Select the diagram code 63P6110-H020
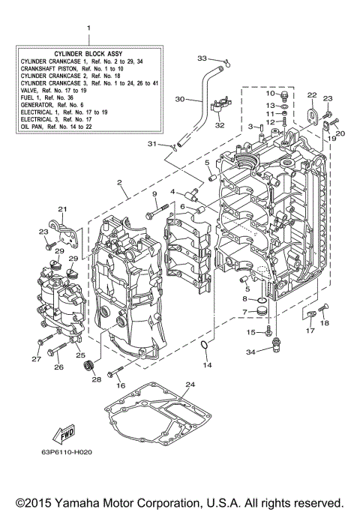coord(72,454)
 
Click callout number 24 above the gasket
coord(190,385)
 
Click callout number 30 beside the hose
coord(178,98)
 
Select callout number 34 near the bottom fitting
coord(251,351)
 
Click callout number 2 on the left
coord(118,181)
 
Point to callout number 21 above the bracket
coord(62,209)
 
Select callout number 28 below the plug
coord(96,379)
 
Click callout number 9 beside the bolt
coord(155,195)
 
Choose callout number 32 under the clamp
coord(220,125)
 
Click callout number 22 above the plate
coord(311,94)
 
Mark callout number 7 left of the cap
coord(244,311)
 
